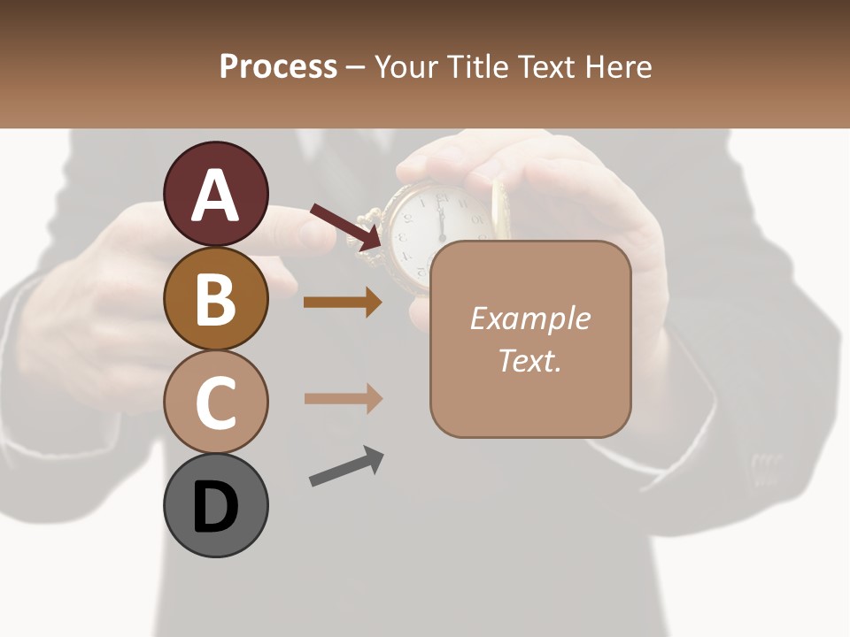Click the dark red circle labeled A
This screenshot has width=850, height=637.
(x=215, y=194)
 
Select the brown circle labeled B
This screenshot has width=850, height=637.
(x=215, y=298)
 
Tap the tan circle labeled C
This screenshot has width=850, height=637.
(x=215, y=403)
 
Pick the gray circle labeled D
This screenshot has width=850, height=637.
(x=215, y=506)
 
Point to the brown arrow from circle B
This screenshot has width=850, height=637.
(x=343, y=303)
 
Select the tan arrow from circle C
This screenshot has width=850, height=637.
(x=343, y=398)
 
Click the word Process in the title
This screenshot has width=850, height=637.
(x=278, y=67)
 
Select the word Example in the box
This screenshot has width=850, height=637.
(x=530, y=318)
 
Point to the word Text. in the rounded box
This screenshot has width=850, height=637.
(x=530, y=360)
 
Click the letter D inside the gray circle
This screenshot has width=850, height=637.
(x=215, y=508)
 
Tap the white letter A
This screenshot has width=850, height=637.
(x=215, y=196)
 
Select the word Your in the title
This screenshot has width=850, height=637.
(x=406, y=67)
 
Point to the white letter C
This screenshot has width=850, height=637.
(x=215, y=403)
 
